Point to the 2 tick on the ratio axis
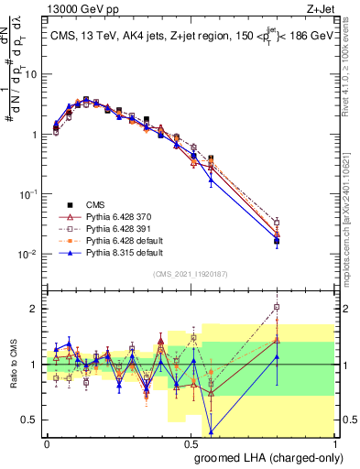37,309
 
